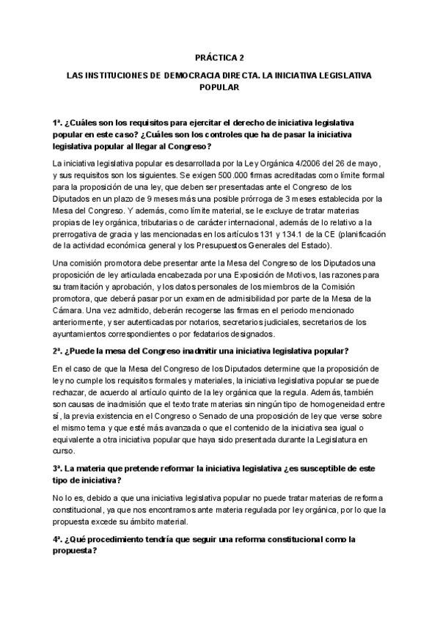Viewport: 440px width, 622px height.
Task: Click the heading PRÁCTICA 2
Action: (220, 56)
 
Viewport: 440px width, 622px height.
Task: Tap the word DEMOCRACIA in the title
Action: (194, 75)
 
